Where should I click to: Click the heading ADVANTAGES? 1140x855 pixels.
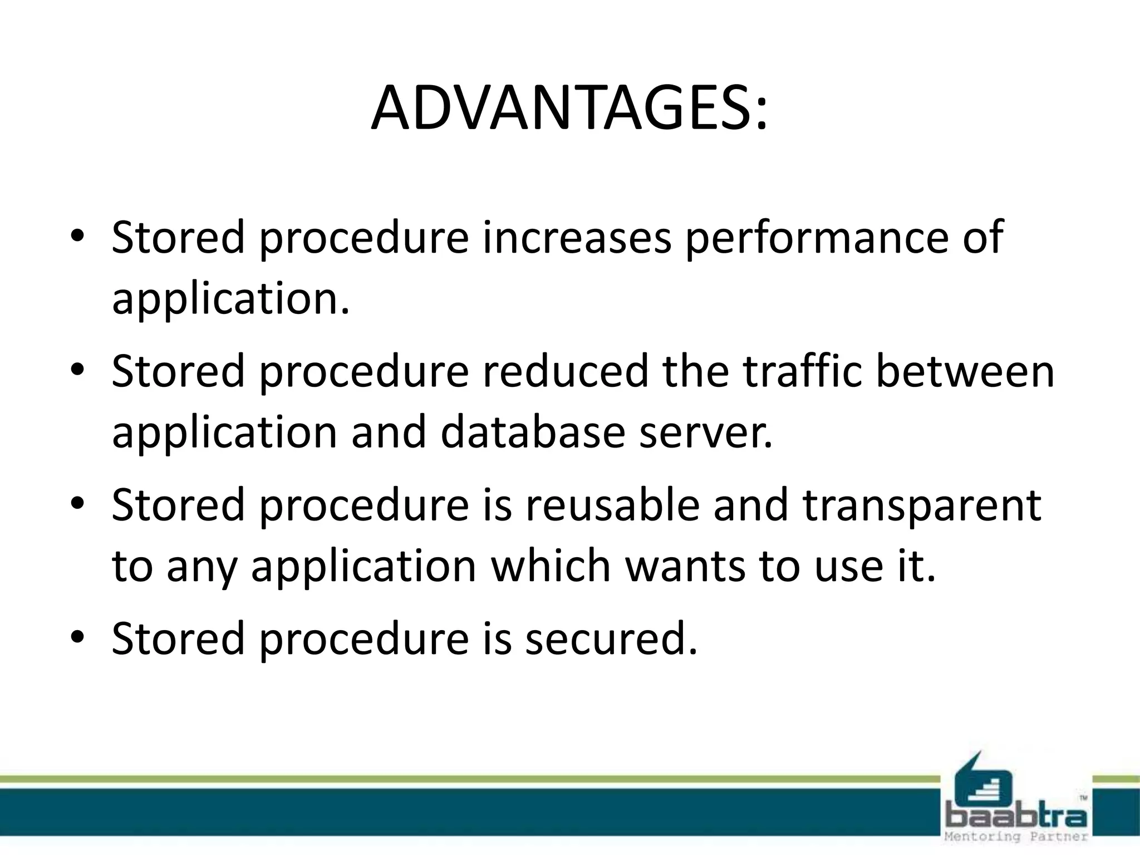[x=569, y=109]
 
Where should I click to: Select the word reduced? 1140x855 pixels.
[x=566, y=371]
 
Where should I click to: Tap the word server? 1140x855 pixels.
[x=706, y=433]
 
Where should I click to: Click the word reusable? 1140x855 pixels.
[x=611, y=505]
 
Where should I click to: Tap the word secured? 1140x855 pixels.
[x=611, y=638]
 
